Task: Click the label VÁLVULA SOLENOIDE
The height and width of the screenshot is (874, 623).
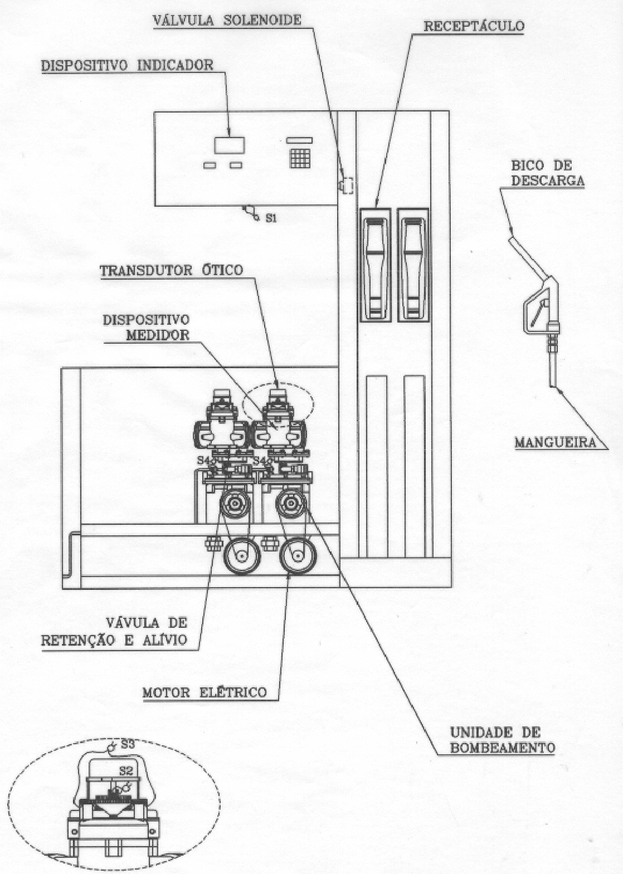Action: coord(227,20)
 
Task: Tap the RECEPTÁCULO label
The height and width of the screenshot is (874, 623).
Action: coord(474,26)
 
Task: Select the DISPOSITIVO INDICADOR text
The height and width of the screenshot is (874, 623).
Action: coord(128,65)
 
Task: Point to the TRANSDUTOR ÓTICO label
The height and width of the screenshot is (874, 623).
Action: coord(172,270)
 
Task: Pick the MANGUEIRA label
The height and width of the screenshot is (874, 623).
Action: coord(555,442)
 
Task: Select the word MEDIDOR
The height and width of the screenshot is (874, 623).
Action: coord(158,335)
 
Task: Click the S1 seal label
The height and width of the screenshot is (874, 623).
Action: coord(271,219)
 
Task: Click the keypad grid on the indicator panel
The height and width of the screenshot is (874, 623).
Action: coord(300,158)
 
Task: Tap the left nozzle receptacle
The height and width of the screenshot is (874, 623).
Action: coord(375,265)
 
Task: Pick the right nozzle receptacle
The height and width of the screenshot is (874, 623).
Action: coord(413,265)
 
